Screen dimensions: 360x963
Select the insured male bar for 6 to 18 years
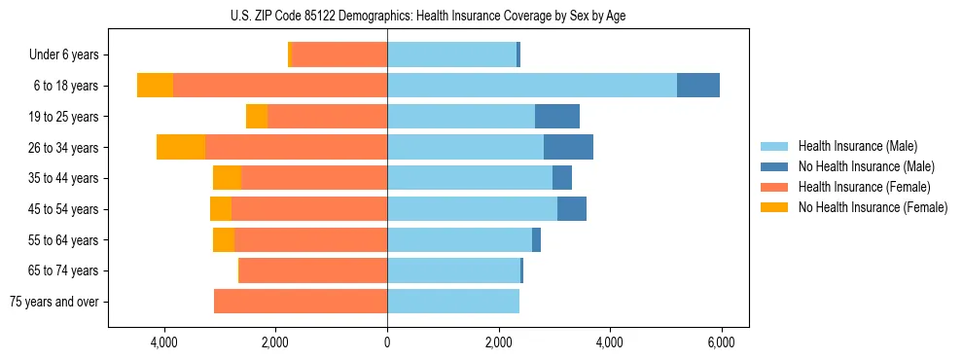(x=532, y=86)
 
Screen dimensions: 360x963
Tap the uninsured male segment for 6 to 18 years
(x=698, y=86)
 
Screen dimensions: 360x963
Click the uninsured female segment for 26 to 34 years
(x=181, y=147)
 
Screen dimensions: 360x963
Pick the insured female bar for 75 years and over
(x=301, y=302)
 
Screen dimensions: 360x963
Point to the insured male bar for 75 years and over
(x=453, y=302)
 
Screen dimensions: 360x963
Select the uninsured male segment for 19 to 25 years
(x=557, y=117)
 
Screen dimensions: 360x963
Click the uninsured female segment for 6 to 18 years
(x=156, y=86)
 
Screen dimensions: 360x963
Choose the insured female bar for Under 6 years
(x=339, y=54)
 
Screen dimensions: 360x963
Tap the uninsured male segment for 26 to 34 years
(x=568, y=147)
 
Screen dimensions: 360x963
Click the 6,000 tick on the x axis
(x=721, y=342)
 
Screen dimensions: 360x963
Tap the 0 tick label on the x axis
(x=387, y=342)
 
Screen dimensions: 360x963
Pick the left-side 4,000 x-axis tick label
(x=164, y=342)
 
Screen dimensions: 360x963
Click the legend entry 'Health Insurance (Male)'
(x=857, y=146)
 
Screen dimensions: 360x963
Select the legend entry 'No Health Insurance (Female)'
(x=873, y=207)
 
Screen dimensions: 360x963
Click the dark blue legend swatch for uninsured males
(x=774, y=166)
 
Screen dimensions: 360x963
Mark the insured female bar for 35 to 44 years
(x=314, y=178)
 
